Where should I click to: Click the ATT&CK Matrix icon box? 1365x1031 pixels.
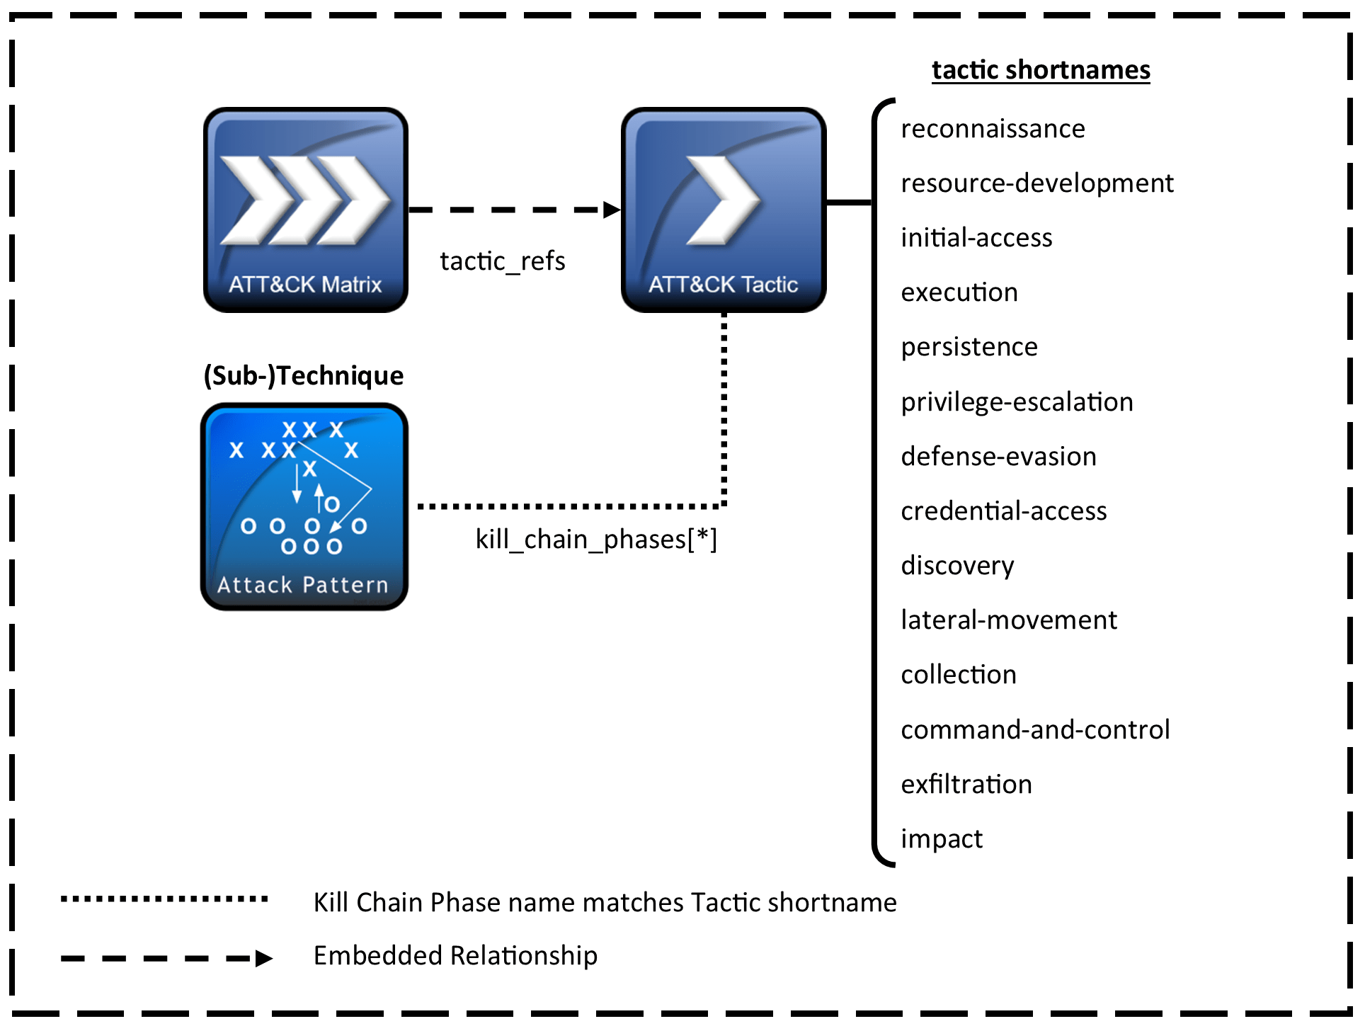[x=305, y=210]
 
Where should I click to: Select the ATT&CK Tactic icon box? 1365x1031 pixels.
[x=723, y=210]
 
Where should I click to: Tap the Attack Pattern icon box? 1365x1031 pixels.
[x=304, y=506]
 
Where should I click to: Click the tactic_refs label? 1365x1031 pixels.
[x=502, y=261]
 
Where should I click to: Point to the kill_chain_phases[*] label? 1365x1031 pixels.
[x=595, y=540]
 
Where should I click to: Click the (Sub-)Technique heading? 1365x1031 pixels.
[x=303, y=375]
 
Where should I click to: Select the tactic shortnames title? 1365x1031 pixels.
[x=1040, y=70]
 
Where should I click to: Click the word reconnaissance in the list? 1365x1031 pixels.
[x=992, y=129]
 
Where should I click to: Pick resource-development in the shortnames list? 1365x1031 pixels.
[x=1036, y=183]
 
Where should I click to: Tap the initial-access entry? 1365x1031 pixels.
[x=976, y=238]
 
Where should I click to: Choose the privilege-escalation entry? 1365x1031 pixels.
[x=1016, y=402]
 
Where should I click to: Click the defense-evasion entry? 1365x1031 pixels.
[x=998, y=457]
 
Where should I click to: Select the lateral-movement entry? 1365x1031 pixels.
[x=1008, y=620]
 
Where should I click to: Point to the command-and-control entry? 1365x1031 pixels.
[x=1034, y=730]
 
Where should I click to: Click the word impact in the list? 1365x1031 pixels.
[x=941, y=839]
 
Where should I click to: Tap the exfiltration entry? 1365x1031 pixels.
[x=966, y=785]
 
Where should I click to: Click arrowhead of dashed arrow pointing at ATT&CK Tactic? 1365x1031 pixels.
[x=612, y=210]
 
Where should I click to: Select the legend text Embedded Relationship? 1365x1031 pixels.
[x=455, y=956]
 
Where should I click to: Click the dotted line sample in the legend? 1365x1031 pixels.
[x=164, y=899]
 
